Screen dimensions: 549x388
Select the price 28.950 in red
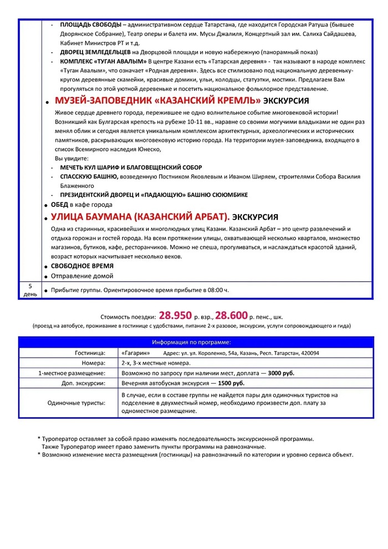pyautogui.click(x=176, y=315)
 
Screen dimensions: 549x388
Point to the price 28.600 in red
pyautogui.click(x=231, y=315)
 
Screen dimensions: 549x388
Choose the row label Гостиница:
pyautogui.click(x=90, y=353)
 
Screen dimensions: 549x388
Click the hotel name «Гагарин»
pyautogui.click(x=135, y=353)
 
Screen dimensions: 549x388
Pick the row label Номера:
pyautogui.click(x=94, y=363)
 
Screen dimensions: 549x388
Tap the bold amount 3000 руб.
pyautogui.click(x=281, y=373)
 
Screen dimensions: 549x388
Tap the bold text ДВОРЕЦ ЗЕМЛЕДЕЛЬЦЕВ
pyautogui.click(x=95, y=52)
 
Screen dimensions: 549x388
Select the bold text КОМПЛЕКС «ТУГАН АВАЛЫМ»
pyautogui.click(x=103, y=61)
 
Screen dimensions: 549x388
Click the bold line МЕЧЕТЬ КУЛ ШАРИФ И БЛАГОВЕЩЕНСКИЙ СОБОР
pyautogui.click(x=131, y=167)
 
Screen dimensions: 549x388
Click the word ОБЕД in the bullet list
pyautogui.click(x=59, y=204)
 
